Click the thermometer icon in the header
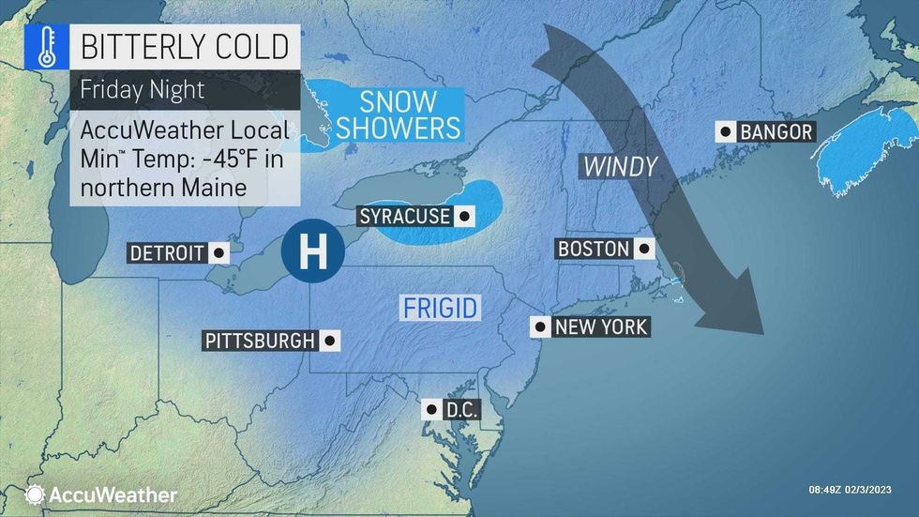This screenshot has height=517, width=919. (x=43, y=46)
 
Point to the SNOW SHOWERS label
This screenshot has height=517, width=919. (x=398, y=114)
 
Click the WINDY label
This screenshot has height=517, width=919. (x=620, y=166)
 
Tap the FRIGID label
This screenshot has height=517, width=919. (x=441, y=307)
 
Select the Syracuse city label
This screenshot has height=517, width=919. (x=403, y=217)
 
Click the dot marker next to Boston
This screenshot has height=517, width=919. (x=643, y=249)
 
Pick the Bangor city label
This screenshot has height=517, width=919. (x=776, y=132)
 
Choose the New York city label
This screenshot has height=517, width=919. (x=600, y=327)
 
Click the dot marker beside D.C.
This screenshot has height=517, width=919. (x=430, y=409)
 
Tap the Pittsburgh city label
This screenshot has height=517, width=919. (x=258, y=341)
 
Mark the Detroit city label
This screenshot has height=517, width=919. (x=167, y=253)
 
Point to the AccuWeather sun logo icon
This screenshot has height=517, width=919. (x=35, y=494)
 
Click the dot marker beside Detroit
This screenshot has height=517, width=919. (x=218, y=253)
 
